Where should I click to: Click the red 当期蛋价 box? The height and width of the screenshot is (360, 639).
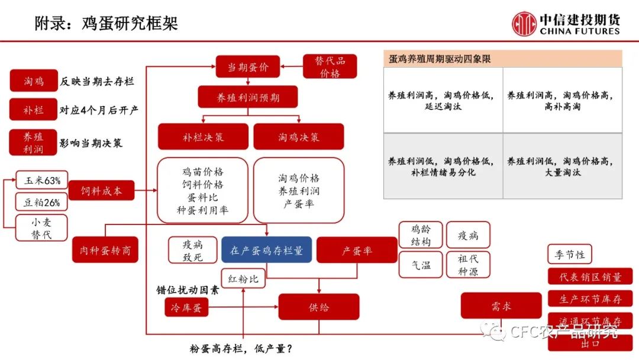coord(247,67)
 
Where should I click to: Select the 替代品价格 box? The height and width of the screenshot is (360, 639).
coord(330,67)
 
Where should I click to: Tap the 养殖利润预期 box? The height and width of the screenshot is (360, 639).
coord(247,97)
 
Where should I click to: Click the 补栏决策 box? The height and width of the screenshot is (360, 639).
coord(203,137)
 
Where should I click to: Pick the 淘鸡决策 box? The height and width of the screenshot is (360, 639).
coord(298,137)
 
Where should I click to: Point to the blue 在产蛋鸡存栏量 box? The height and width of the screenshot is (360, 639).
coord(266,250)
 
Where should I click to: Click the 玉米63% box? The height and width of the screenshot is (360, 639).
coord(41,180)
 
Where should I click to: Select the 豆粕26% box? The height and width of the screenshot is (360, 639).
coord(41,202)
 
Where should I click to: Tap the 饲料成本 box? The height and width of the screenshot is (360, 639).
coord(100,191)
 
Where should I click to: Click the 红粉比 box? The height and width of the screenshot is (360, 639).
coord(243,278)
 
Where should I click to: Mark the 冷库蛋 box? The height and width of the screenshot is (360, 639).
coord(186,307)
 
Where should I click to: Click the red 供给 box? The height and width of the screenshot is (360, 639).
coord(318,307)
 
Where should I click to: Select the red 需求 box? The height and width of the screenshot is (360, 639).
coord(501,306)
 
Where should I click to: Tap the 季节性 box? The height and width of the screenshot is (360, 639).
coord(569,254)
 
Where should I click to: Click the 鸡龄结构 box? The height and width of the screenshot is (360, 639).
coord(421,235)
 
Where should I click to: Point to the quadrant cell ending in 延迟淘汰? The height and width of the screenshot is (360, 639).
coord(443,100)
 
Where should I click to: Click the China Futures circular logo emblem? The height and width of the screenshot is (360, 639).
coord(524,24)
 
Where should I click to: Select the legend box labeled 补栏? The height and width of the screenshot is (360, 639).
coord(33,110)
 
